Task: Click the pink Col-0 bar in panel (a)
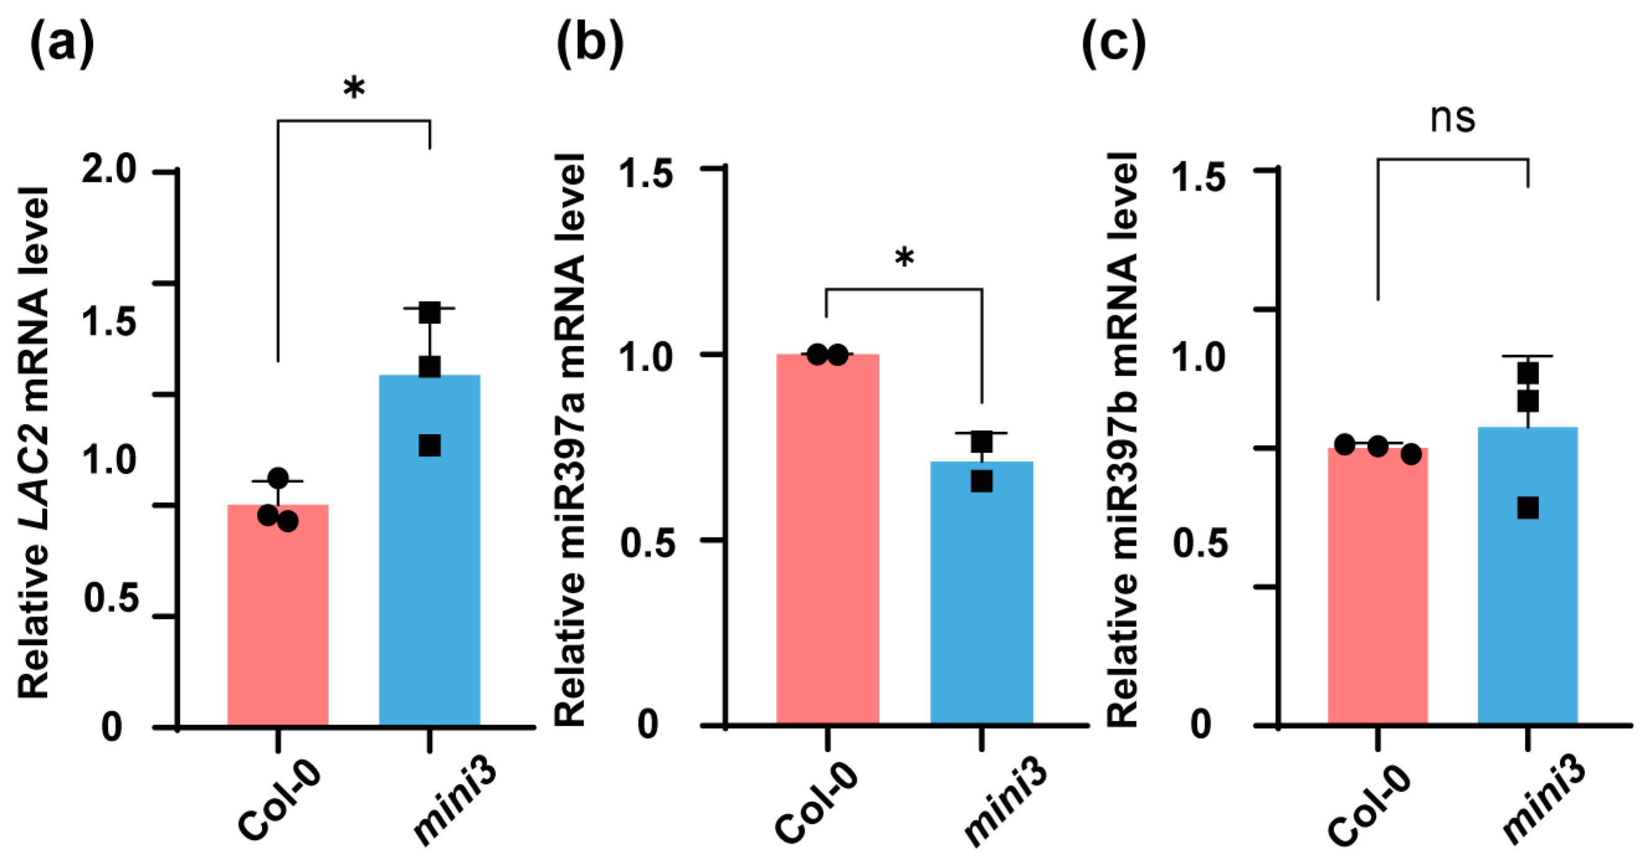[x=278, y=614]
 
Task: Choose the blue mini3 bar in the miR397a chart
[x=981, y=595]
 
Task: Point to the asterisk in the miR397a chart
[x=904, y=259]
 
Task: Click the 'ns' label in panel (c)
[x=1453, y=117]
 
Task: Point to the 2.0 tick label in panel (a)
[x=109, y=170]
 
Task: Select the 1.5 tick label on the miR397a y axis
[x=647, y=174]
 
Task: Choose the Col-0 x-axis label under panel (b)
[x=816, y=802]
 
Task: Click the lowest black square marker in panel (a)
[x=430, y=446]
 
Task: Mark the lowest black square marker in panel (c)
[x=1528, y=508]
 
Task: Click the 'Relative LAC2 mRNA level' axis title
[x=34, y=441]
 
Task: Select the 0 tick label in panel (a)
[x=112, y=727]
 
